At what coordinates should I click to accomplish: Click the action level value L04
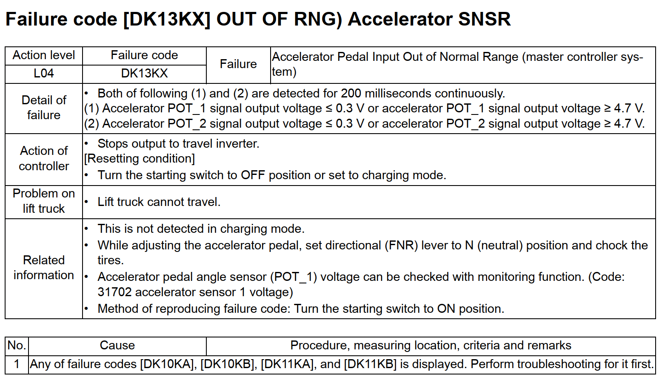44,73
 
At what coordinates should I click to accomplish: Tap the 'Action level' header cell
44,55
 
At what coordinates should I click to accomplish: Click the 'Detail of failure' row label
44,108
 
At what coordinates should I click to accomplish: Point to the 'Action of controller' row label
44,158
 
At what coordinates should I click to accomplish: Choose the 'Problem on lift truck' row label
44,201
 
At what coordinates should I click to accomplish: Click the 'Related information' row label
44,267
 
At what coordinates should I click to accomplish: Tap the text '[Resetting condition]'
140,159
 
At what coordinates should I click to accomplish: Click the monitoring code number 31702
114,292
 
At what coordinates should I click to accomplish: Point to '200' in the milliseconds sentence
351,93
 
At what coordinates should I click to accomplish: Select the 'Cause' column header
117,345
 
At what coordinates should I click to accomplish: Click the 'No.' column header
17,345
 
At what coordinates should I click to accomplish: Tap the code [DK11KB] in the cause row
370,364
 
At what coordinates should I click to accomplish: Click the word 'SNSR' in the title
485,19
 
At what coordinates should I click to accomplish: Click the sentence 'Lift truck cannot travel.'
159,202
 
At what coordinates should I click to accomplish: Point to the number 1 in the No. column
17,364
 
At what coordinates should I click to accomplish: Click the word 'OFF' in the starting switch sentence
253,175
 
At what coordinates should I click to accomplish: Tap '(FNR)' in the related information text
401,246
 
